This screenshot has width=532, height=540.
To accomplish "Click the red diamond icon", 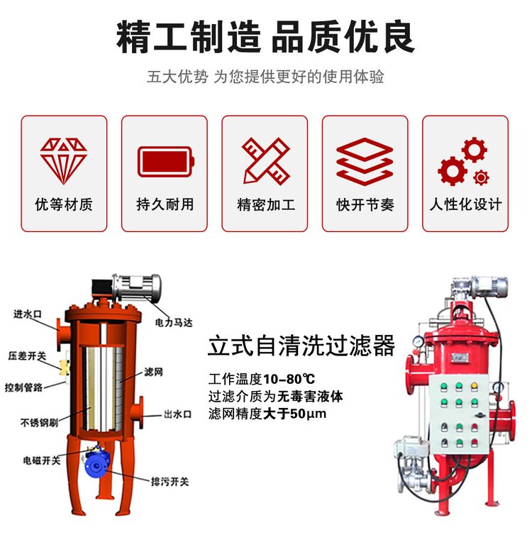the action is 63,160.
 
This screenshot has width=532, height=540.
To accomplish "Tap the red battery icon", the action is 166,162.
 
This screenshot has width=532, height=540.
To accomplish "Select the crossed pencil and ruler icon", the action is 266,161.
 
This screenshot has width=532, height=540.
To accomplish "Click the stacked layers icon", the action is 365,162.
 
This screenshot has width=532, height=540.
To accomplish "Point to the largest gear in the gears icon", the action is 452,171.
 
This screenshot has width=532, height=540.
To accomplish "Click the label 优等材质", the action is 64,204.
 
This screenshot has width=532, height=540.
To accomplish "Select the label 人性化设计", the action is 465,204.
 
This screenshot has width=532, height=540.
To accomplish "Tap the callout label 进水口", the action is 28,314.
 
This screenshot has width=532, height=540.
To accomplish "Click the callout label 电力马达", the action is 174,323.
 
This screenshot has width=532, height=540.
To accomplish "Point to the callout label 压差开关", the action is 27,356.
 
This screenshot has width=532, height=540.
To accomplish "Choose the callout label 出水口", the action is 177,414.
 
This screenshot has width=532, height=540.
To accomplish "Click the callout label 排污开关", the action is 170,481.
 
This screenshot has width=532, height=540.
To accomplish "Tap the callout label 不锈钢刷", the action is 39,422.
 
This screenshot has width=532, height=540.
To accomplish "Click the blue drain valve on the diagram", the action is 97,463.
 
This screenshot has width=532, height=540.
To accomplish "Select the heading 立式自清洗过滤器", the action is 301,346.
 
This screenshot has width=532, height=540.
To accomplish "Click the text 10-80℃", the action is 289,379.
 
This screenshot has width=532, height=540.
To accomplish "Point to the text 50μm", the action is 308,413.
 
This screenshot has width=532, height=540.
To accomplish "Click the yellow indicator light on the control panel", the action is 475,386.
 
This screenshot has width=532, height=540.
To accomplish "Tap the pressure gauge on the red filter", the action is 418,341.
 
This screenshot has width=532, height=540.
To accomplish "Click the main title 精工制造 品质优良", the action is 265,37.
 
